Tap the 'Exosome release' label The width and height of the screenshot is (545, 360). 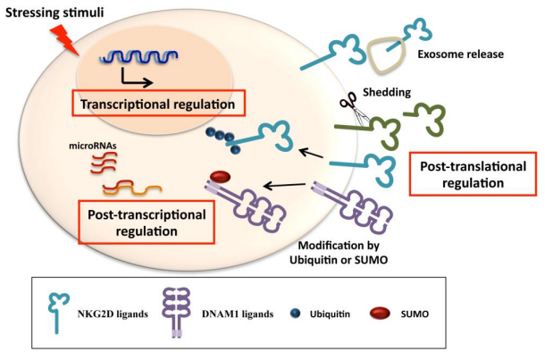pos(467,54)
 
